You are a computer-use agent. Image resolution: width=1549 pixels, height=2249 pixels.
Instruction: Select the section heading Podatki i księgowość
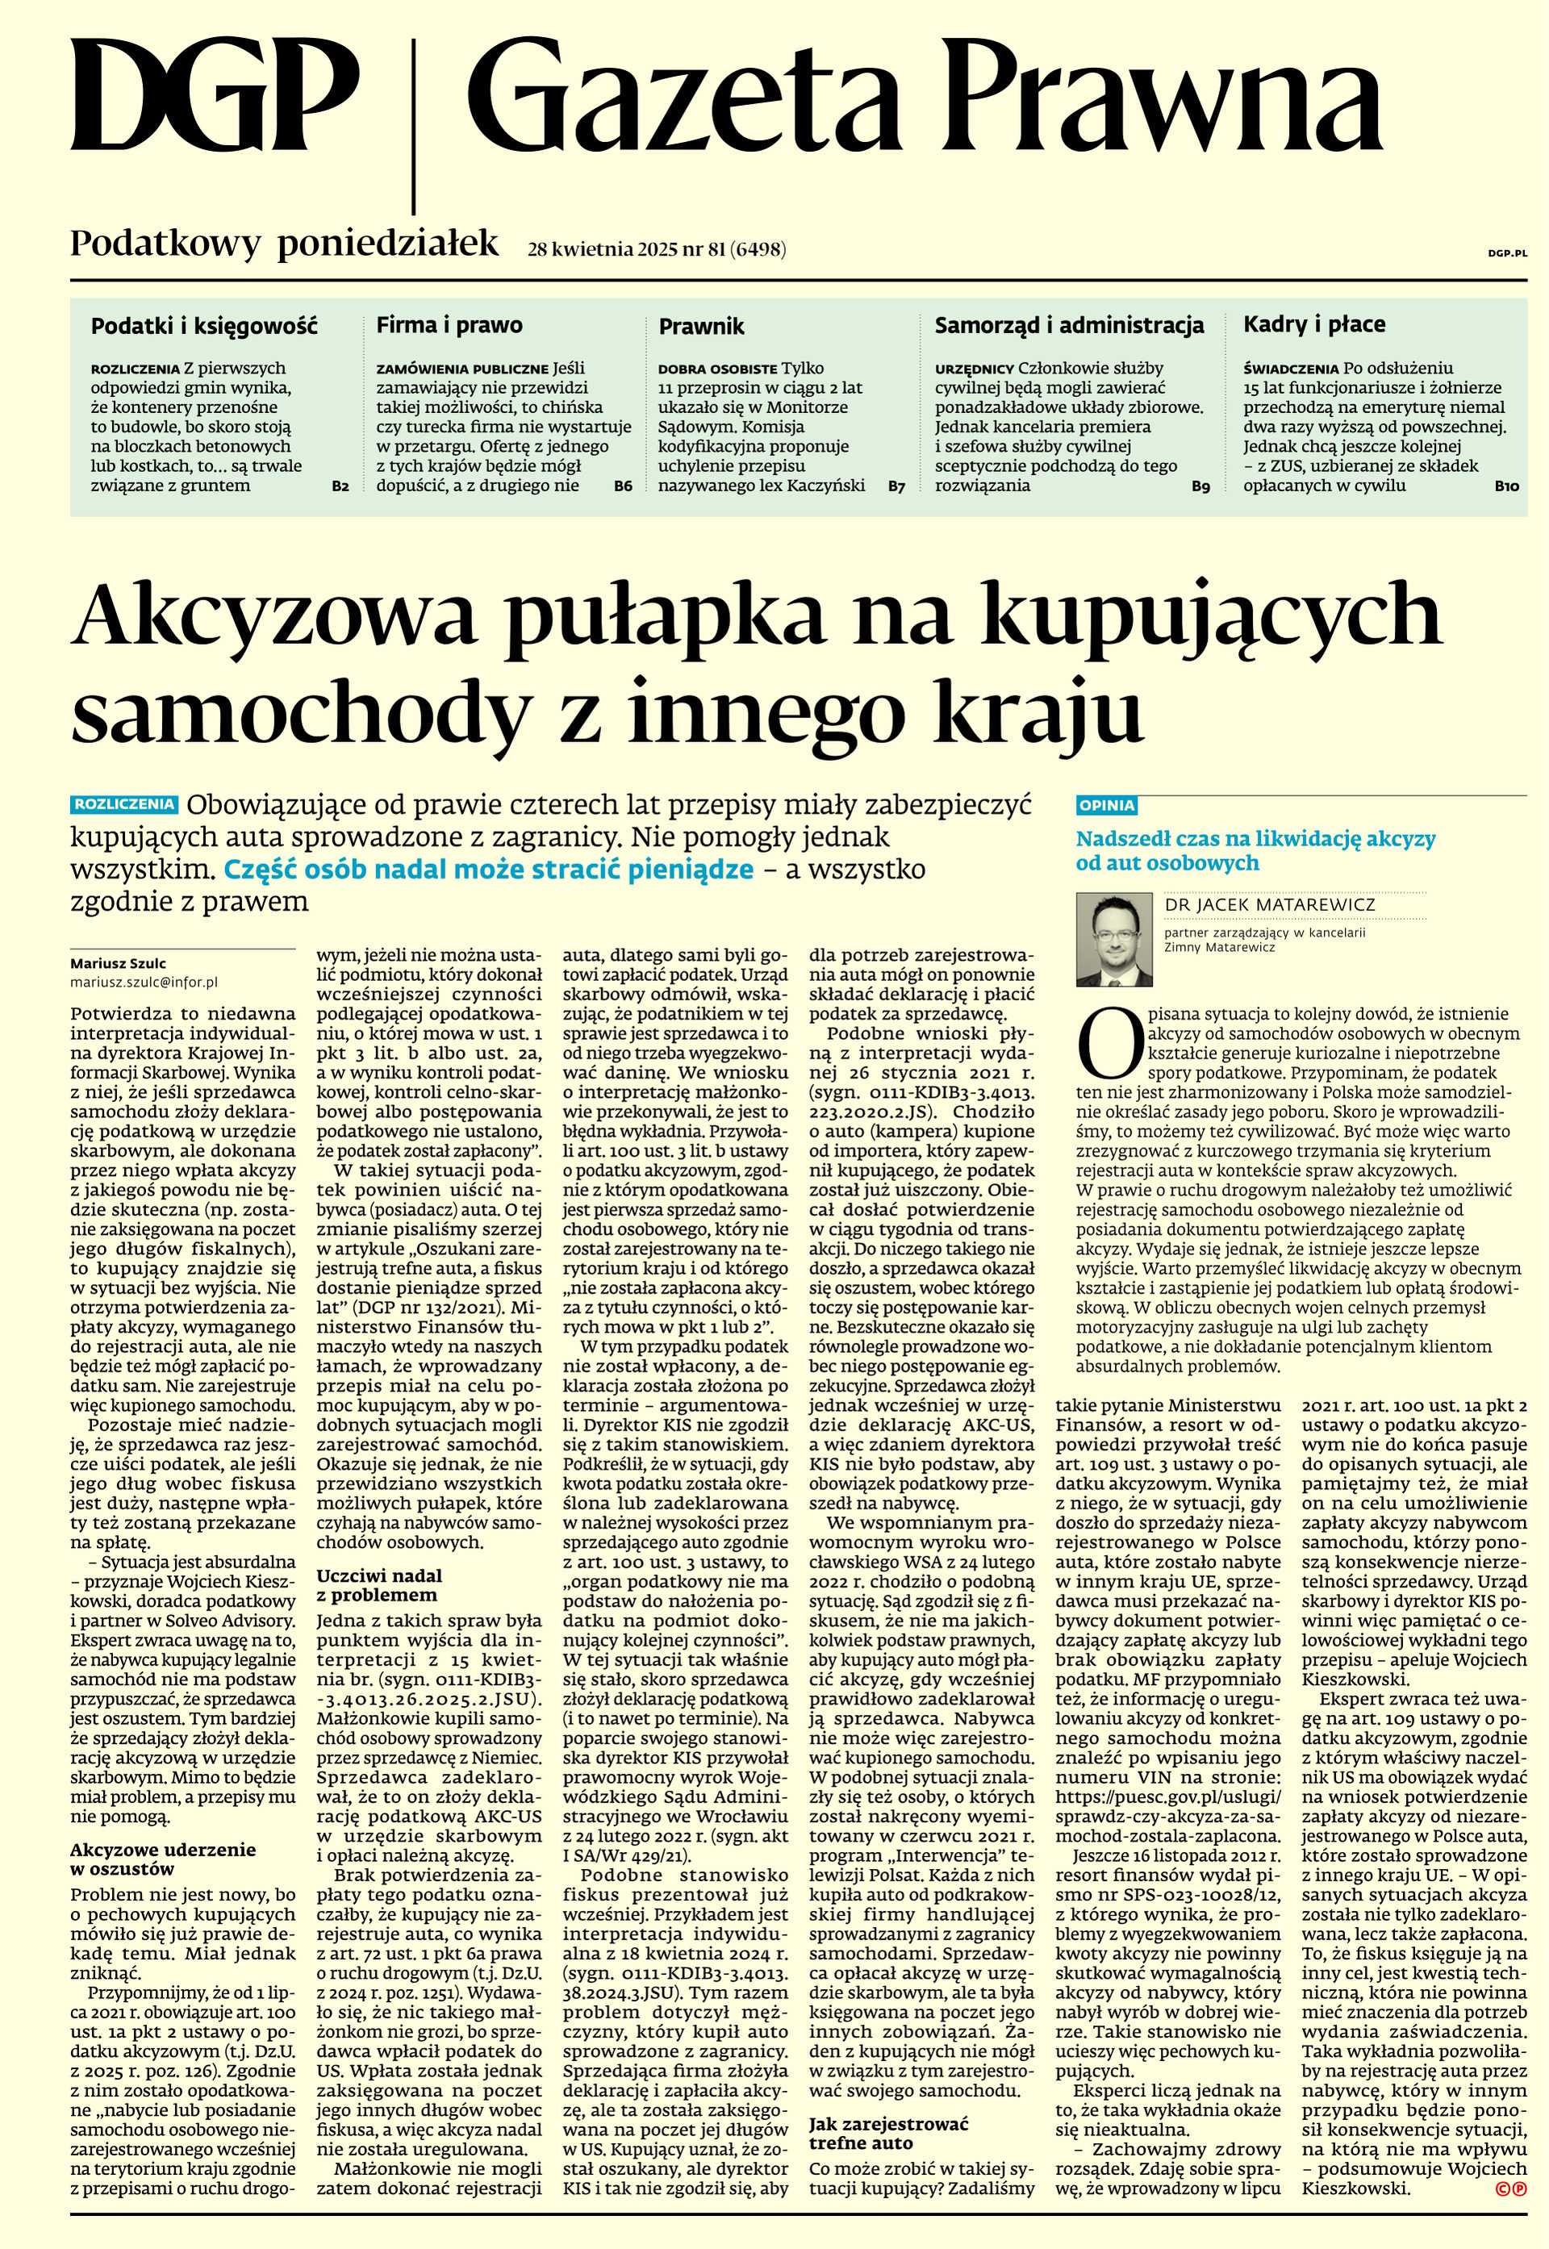pos(204,326)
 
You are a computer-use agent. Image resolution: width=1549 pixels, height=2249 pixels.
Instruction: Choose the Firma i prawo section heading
pos(449,325)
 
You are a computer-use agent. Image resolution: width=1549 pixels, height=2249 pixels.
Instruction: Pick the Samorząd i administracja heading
pos(1070,325)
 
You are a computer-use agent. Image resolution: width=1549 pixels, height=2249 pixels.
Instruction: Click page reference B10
pos(1506,485)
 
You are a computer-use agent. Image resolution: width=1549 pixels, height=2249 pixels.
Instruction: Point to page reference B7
pos(897,485)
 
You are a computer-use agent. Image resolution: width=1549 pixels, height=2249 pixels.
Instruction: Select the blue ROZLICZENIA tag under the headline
pos(125,804)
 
